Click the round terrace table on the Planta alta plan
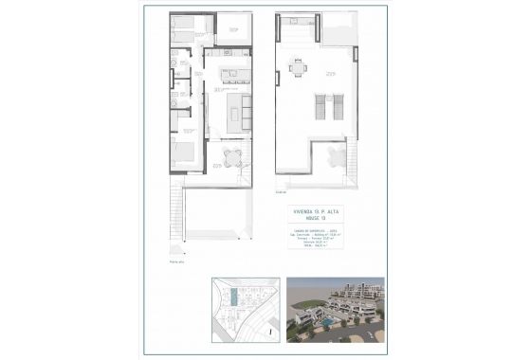pyautogui.click(x=233, y=156)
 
